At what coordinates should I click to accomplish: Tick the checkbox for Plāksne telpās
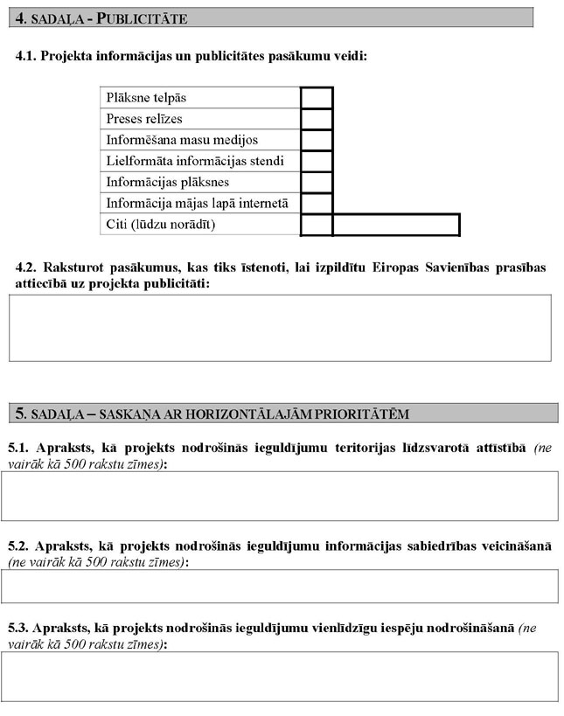click(x=317, y=97)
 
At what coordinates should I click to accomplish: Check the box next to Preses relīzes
click(x=317, y=118)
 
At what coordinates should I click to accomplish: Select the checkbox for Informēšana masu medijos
click(x=317, y=139)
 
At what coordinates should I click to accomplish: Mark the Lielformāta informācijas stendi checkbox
click(x=317, y=161)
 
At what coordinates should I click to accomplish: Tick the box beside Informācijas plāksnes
click(x=317, y=182)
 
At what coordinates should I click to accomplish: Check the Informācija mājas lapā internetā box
click(x=317, y=204)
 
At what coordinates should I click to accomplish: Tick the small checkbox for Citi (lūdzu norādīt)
click(x=317, y=225)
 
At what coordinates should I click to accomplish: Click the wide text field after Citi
click(x=395, y=225)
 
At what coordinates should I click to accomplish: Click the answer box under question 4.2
click(x=280, y=328)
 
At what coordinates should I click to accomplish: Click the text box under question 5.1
click(x=280, y=496)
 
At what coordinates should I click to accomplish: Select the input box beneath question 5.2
click(x=280, y=586)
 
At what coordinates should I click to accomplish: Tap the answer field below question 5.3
click(x=280, y=676)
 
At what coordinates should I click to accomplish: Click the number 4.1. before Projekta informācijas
click(x=27, y=56)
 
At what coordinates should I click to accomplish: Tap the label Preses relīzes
click(x=144, y=119)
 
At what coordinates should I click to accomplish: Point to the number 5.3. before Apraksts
click(x=18, y=628)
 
